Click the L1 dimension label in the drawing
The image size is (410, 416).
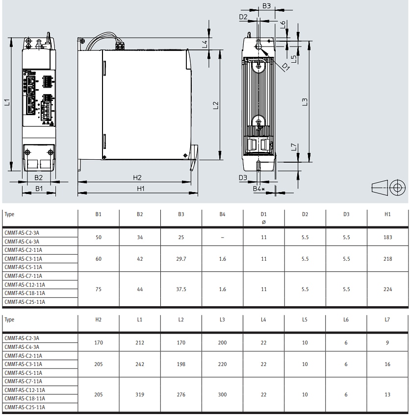pyautogui.click(x=7, y=102)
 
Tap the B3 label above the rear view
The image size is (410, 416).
pyautogui.click(x=266, y=6)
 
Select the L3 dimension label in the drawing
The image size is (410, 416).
pyautogui.click(x=304, y=102)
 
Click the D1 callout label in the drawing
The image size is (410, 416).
pyautogui.click(x=285, y=66)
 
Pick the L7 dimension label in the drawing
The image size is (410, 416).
pyautogui.click(x=294, y=147)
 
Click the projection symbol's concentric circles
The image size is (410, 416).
pyautogui.click(x=397, y=187)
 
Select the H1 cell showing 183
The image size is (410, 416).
pyautogui.click(x=387, y=237)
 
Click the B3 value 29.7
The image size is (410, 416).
pyautogui.click(x=181, y=259)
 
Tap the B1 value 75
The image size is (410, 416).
pyautogui.click(x=99, y=289)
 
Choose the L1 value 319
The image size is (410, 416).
pyautogui.click(x=140, y=394)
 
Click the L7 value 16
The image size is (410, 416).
pyautogui.click(x=387, y=364)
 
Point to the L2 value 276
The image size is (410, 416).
pyautogui.click(x=181, y=394)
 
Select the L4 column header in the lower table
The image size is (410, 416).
pyautogui.click(x=263, y=319)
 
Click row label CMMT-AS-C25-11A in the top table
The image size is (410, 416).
pyautogui.click(x=25, y=302)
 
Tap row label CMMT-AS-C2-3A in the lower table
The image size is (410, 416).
pyautogui.click(x=22, y=338)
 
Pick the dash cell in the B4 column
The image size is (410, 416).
pyautogui.click(x=222, y=237)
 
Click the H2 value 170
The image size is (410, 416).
pyautogui.click(x=99, y=343)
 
